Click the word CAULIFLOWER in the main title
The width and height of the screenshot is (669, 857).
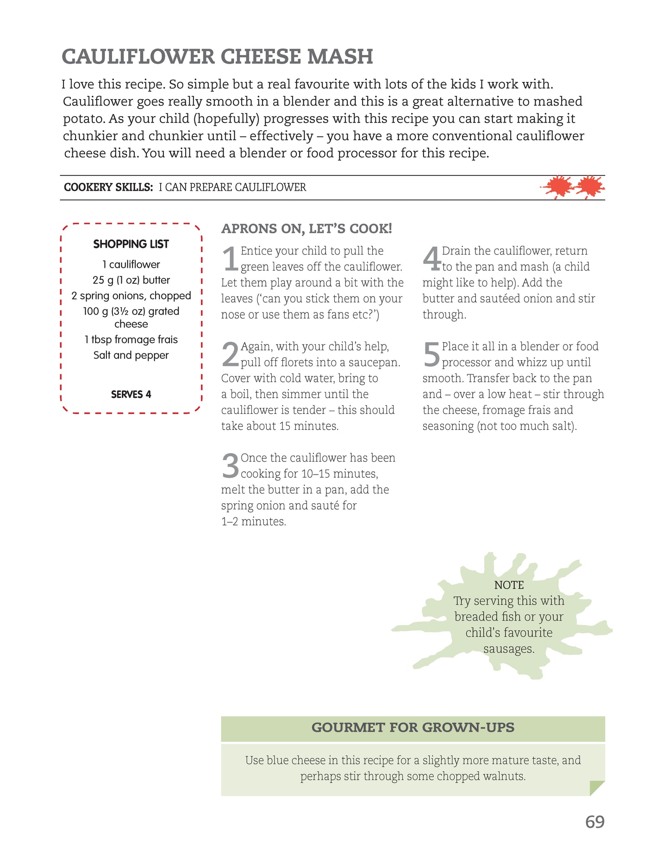point(138,57)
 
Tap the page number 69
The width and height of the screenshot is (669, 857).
point(594,822)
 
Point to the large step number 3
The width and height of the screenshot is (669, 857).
point(230,466)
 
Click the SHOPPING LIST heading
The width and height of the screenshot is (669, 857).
point(131,244)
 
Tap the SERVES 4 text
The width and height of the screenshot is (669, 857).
point(131,394)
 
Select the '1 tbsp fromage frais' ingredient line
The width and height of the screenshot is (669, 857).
point(131,340)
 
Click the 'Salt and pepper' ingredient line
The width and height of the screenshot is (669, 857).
point(131,355)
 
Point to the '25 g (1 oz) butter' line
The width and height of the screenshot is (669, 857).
point(131,280)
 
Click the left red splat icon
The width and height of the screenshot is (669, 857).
point(557,187)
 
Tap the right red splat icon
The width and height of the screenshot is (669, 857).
point(589,187)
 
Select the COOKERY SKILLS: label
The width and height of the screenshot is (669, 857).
point(108,188)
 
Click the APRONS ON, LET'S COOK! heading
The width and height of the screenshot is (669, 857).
point(306,229)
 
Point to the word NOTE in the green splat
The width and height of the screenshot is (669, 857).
point(509,585)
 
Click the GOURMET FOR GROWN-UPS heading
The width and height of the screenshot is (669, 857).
point(413,728)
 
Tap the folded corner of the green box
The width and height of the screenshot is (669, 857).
point(597,788)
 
